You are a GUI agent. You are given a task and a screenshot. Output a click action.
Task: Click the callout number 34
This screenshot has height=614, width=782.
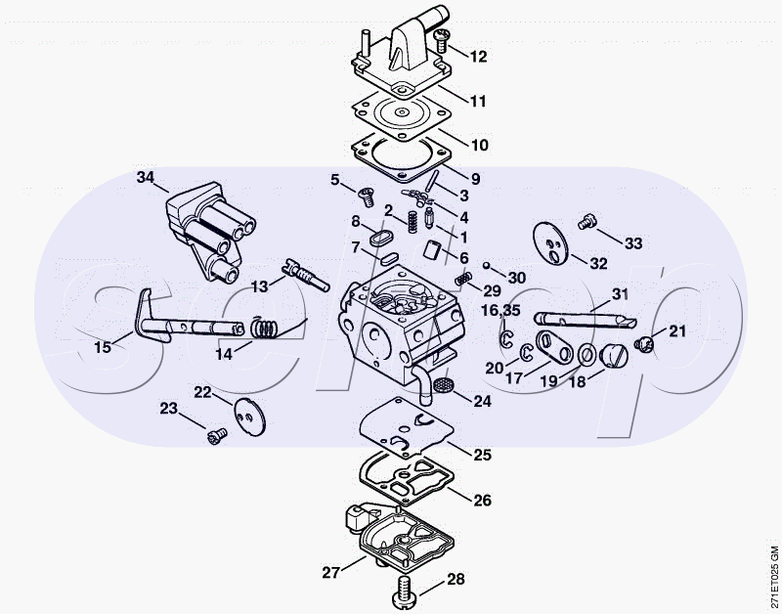point(146,177)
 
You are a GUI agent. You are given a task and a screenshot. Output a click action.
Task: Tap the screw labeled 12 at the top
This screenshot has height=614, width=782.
point(442,41)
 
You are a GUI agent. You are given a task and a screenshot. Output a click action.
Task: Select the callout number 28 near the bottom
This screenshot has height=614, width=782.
point(456,579)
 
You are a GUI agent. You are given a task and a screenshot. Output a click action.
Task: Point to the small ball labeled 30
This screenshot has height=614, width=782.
point(486,264)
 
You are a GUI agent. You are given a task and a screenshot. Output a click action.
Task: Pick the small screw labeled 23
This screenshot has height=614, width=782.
point(216,436)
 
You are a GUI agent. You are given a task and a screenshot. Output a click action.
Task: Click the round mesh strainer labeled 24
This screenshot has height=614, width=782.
point(441,385)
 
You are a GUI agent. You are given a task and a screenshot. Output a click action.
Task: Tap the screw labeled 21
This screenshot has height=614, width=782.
point(644,343)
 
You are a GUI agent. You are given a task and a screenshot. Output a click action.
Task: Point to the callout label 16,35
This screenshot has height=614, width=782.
point(500,310)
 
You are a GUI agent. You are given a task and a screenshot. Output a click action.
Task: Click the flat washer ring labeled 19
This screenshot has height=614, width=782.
point(586,355)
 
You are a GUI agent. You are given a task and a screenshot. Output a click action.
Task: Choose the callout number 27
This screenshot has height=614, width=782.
point(330,572)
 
